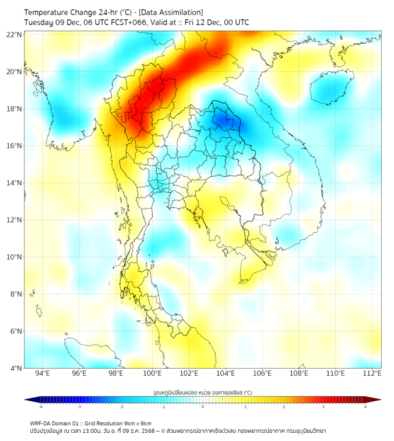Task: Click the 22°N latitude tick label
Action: click(x=15, y=34)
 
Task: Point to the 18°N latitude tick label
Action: click(x=15, y=109)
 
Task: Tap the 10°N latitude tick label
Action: click(x=15, y=257)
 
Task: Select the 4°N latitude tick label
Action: click(x=16, y=368)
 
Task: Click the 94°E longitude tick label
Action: click(x=43, y=374)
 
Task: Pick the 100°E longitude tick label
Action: click(x=153, y=374)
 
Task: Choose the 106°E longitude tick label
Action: click(x=262, y=374)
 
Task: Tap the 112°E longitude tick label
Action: click(x=372, y=374)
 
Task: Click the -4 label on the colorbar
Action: click(x=40, y=407)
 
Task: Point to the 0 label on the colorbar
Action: click(x=203, y=407)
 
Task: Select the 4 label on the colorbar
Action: click(x=365, y=407)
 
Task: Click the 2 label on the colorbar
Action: click(x=284, y=407)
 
